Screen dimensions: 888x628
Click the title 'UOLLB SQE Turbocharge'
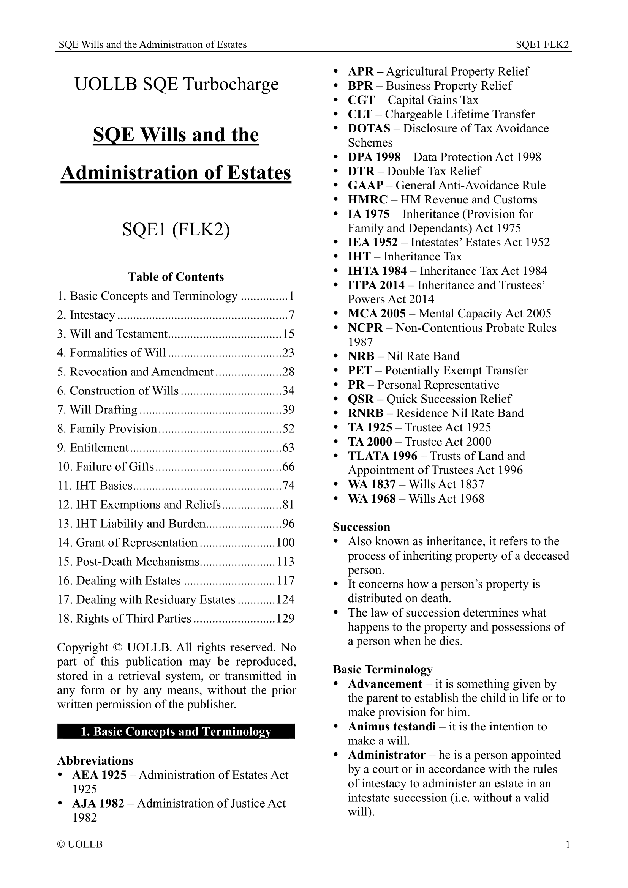[176, 84]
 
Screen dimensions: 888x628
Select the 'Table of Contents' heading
[176, 277]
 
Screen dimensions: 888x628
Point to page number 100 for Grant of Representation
[286, 543]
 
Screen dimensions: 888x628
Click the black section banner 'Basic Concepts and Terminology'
[176, 732]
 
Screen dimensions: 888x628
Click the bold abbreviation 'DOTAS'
[369, 128]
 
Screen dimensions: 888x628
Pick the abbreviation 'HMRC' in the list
[368, 200]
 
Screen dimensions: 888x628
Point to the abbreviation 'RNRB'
[365, 413]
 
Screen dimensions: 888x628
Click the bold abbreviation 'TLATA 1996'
[383, 456]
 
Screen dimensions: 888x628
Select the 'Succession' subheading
[361, 527]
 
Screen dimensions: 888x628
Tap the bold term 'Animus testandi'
[392, 727]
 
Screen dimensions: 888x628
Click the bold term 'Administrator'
[386, 755]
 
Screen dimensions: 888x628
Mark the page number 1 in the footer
[568, 845]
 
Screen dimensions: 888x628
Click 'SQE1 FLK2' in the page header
[542, 45]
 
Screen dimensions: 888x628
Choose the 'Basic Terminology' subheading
[383, 669]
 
